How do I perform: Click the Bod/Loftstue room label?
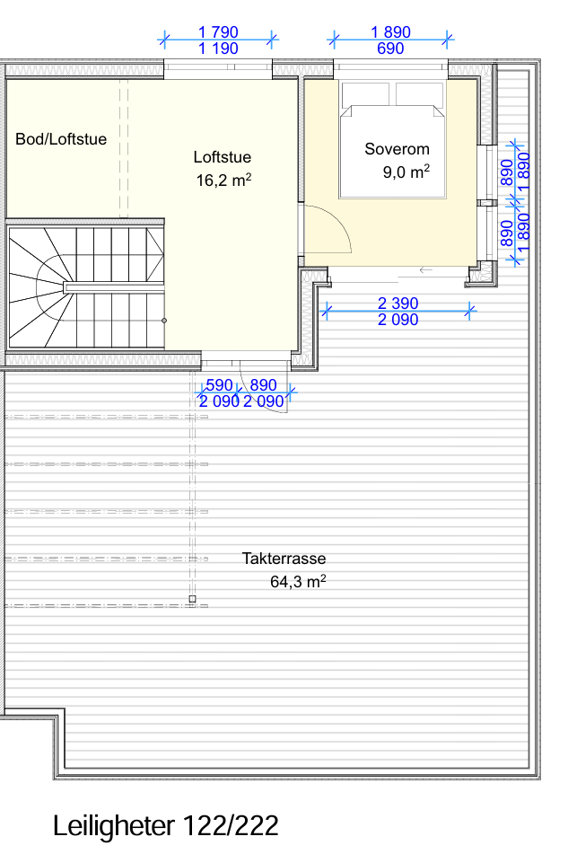(61, 139)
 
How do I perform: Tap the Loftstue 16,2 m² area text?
(223, 180)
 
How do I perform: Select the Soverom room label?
(397, 149)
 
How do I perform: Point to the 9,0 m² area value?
(406, 172)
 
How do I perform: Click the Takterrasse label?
(284, 559)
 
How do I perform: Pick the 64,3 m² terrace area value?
(298, 581)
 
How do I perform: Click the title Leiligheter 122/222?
(165, 825)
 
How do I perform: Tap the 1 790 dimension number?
(218, 32)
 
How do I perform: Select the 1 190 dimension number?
(218, 48)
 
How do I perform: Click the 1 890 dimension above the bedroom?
(391, 32)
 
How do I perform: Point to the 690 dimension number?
(391, 48)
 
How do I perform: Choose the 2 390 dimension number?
(398, 304)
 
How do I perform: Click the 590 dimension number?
(219, 384)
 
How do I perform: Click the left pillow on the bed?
(365, 93)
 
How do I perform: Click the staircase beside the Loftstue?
(86, 286)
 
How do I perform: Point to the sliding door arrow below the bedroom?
(425, 270)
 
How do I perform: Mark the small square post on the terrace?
(192, 599)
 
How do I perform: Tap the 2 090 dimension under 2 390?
(398, 320)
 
